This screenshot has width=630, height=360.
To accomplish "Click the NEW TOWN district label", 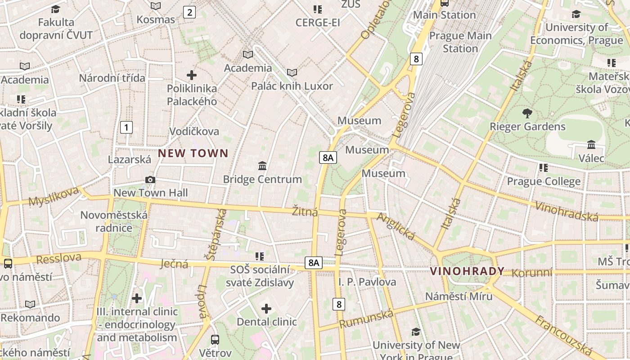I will [193, 153].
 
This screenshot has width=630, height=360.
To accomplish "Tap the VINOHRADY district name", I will [467, 271].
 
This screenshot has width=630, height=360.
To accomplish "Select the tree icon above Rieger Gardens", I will [527, 113].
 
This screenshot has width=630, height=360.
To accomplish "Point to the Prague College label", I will [544, 181].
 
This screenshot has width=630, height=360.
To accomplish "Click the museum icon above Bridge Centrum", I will [262, 166].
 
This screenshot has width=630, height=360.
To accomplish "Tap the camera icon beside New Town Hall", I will [150, 180].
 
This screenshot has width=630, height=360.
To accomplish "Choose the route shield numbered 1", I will [126, 127].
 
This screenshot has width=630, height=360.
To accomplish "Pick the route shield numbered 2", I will [189, 12].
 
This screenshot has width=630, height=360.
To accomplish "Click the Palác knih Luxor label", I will [292, 86].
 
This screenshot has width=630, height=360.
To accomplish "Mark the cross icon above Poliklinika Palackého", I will [192, 75].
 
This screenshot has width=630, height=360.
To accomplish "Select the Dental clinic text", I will [267, 322].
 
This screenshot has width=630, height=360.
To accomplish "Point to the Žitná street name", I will [305, 211].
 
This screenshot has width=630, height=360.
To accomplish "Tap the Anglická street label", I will [395, 225].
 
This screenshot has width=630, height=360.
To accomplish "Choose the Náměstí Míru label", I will [459, 297].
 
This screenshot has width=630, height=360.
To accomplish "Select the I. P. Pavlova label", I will [367, 282].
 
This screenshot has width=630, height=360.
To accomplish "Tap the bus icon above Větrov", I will [215, 339].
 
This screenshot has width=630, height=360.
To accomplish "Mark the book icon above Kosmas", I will [156, 6].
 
